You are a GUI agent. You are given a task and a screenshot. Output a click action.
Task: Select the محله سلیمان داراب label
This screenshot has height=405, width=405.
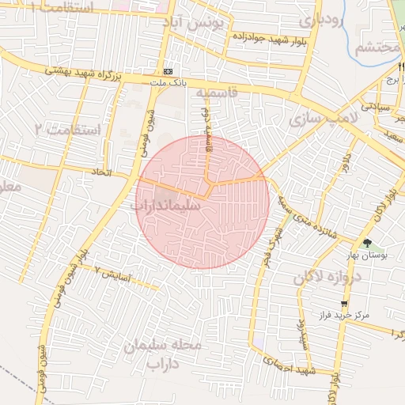(x=165, y=355)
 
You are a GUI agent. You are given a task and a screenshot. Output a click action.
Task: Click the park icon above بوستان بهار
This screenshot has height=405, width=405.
(x=366, y=242)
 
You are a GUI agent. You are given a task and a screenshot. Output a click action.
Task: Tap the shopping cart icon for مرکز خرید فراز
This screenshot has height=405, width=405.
(x=344, y=304)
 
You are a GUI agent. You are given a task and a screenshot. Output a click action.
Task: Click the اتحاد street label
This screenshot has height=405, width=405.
(x=102, y=172)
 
